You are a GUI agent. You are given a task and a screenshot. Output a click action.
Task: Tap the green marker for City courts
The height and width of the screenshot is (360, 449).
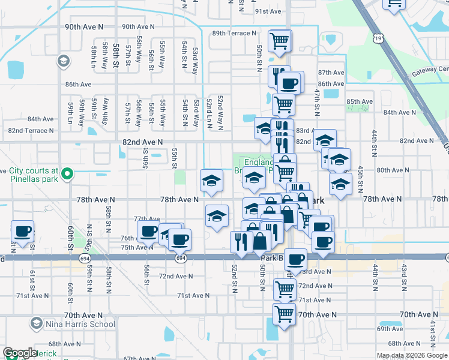coord(67,175)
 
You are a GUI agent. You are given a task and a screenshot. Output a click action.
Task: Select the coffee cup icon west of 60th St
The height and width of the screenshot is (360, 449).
coord(23,232)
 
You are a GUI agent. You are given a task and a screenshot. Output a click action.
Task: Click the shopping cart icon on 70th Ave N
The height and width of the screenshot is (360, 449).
coord(283,313)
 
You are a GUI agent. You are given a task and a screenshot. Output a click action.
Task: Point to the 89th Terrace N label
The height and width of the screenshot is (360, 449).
coord(234,34)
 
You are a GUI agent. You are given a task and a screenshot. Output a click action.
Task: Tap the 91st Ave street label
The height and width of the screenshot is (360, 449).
coord(268,11)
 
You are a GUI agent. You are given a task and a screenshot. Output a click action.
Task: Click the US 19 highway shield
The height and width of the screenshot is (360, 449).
coord(377,38)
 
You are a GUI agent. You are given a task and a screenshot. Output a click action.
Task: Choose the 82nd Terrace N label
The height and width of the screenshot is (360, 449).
coord(31,130)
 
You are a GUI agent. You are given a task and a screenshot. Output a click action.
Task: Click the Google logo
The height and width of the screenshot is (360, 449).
coord(20,353)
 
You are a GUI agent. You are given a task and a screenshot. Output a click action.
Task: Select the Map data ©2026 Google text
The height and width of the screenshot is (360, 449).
coord(412,355)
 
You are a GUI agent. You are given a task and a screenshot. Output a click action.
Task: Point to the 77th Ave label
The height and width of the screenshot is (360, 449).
coord(146,219)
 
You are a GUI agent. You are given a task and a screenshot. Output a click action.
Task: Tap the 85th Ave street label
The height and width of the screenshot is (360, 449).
coord(360,102)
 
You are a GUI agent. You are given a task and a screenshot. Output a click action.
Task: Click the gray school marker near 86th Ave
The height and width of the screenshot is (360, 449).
coord(62,61)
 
